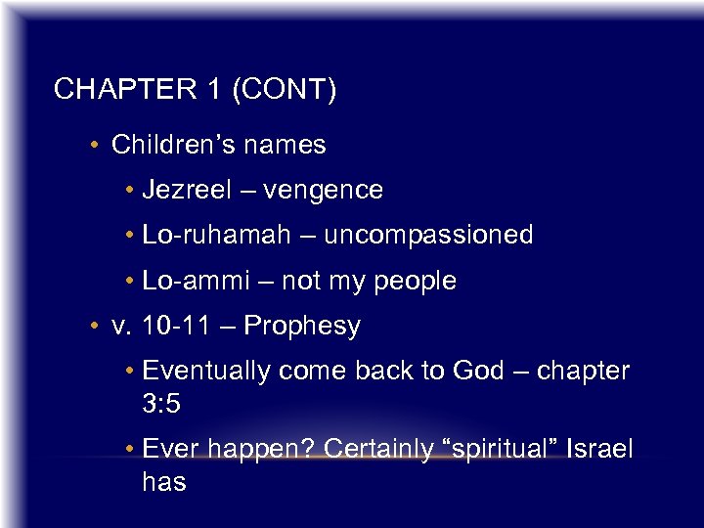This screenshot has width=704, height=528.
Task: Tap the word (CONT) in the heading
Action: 284,90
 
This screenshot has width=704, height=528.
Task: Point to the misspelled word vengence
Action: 323,190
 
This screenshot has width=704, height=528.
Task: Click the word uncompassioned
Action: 428,235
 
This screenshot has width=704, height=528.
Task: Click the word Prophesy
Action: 302,327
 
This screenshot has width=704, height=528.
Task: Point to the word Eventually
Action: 206,371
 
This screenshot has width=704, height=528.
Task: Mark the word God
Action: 478,371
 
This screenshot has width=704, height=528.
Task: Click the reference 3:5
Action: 161,403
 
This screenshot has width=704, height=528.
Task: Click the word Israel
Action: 599,450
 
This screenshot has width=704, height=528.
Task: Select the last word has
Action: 163,482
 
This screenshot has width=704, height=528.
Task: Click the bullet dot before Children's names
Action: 91,147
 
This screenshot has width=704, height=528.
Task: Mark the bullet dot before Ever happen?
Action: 130,451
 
